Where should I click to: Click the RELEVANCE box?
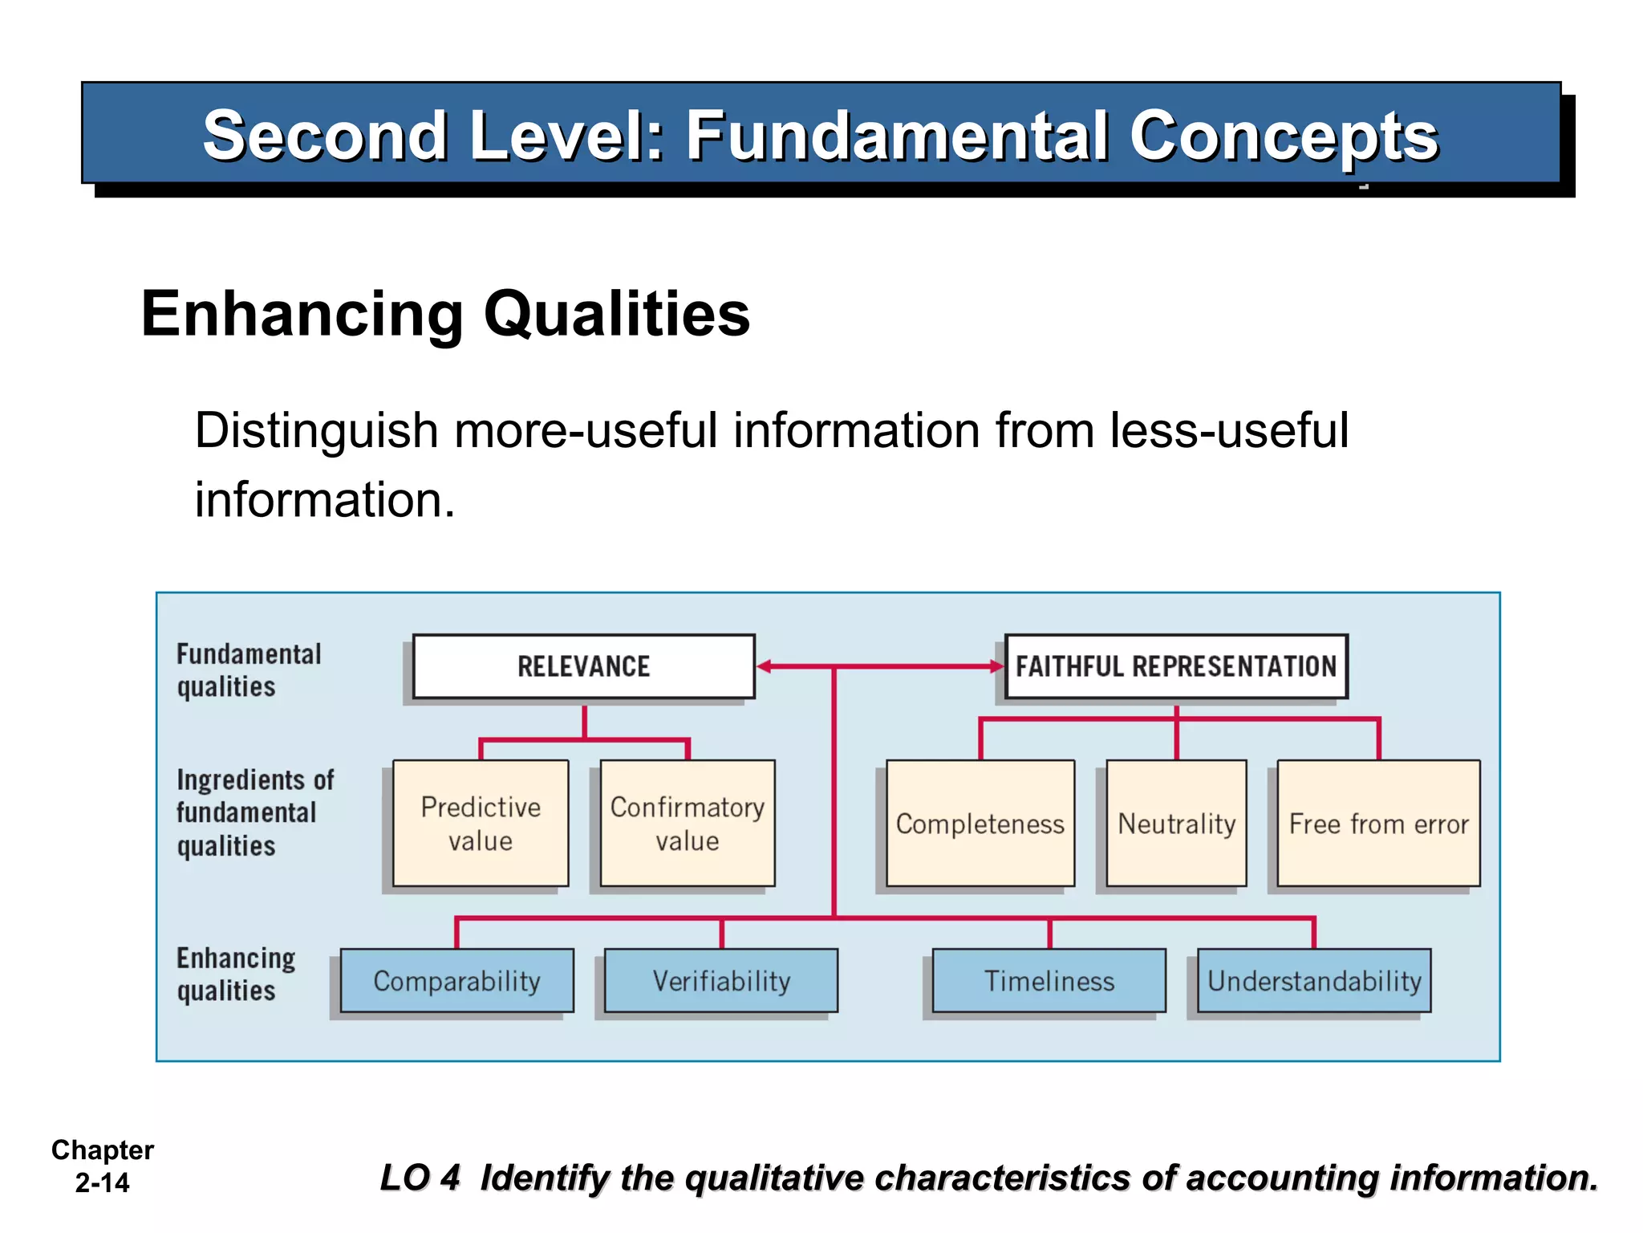[583, 666]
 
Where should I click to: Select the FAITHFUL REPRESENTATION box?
[1176, 666]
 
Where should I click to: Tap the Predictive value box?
[481, 823]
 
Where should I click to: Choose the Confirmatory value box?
[688, 823]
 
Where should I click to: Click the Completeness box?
[980, 823]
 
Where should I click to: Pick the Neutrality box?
[1176, 823]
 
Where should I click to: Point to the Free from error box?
[1378, 823]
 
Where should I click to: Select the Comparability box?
[456, 980]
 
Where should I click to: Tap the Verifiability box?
[720, 980]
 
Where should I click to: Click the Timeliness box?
[1049, 980]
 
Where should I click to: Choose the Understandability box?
[1313, 980]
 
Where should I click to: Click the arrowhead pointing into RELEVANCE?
[765, 666]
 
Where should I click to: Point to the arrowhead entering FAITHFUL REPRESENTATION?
[996, 666]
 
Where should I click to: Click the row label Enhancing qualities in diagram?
[235, 974]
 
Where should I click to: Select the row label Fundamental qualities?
[248, 670]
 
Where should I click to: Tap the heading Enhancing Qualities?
[445, 314]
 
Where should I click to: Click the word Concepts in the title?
[1284, 136]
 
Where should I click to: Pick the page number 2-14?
[102, 1182]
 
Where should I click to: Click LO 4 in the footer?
[420, 1178]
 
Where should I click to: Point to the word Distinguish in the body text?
[315, 430]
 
